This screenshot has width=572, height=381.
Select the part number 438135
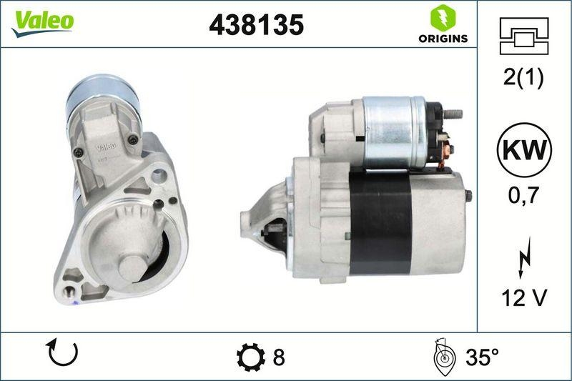[256, 25]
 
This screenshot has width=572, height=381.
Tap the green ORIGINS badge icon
[438, 17]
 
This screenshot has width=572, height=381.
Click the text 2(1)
[523, 78]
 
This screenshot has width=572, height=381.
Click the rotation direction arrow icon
[61, 354]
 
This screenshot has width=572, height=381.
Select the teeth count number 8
[279, 356]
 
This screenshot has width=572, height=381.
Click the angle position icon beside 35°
[444, 356]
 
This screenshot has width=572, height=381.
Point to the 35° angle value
[480, 356]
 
